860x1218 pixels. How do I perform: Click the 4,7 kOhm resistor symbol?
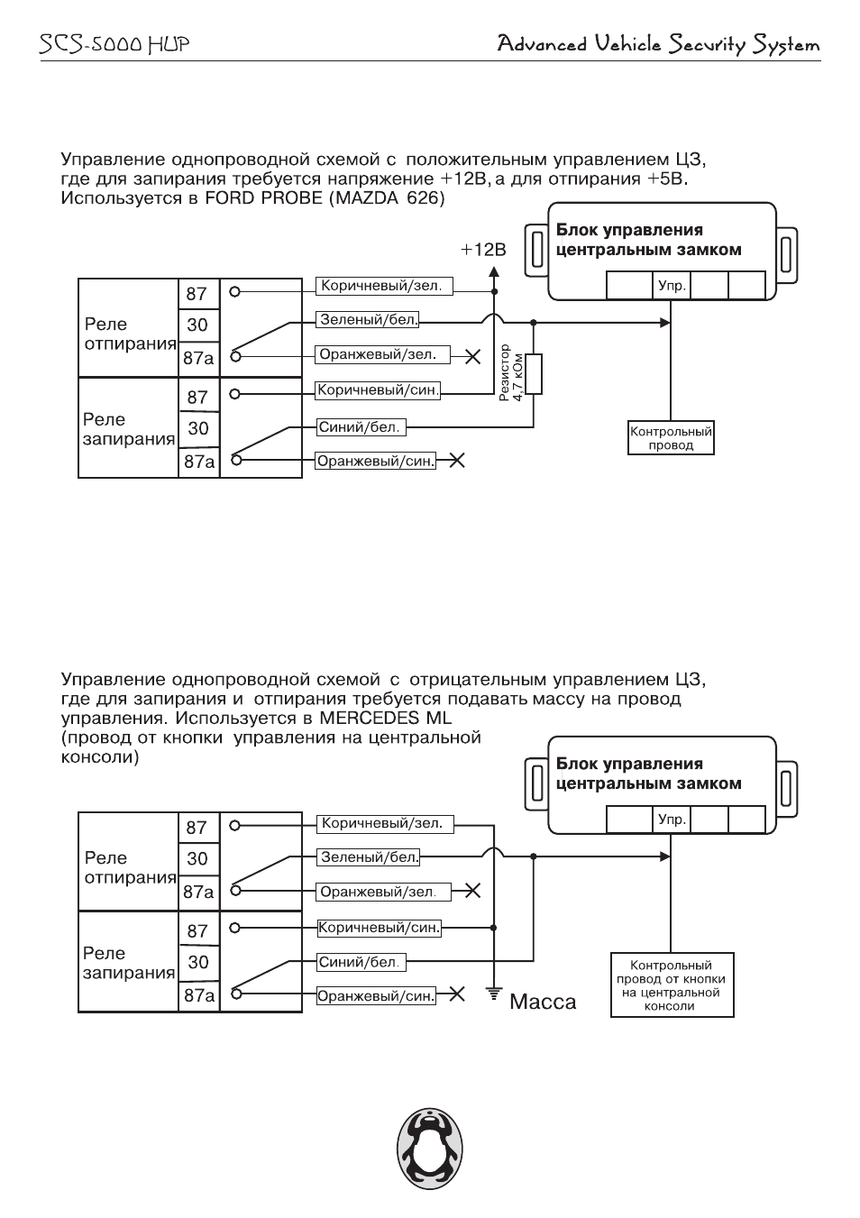534,374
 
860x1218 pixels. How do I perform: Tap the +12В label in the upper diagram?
482,250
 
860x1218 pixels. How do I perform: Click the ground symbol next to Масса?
494,994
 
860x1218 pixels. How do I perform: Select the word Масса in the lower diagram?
543,1002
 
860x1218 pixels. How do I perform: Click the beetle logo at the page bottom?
430,1148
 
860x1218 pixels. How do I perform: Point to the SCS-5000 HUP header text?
114,44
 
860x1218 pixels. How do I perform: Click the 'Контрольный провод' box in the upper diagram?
671,438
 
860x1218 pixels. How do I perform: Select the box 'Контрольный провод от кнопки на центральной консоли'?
672,984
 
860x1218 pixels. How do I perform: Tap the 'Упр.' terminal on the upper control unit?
672,286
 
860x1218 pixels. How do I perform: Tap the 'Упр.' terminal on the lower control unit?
672,820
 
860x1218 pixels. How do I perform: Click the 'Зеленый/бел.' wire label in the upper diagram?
368,319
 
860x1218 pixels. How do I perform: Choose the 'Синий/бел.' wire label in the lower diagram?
361,963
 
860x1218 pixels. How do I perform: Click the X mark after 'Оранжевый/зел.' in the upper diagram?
473,357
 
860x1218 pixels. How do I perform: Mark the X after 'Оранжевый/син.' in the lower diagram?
457,994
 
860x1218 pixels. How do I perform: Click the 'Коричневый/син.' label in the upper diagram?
378,390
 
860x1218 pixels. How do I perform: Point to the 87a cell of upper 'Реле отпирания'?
199,358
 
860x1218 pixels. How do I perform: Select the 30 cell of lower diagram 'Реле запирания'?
199,962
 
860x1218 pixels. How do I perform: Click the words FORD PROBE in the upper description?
263,198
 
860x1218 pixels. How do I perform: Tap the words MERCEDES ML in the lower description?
386,718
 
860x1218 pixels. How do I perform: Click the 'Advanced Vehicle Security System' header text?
658,44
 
